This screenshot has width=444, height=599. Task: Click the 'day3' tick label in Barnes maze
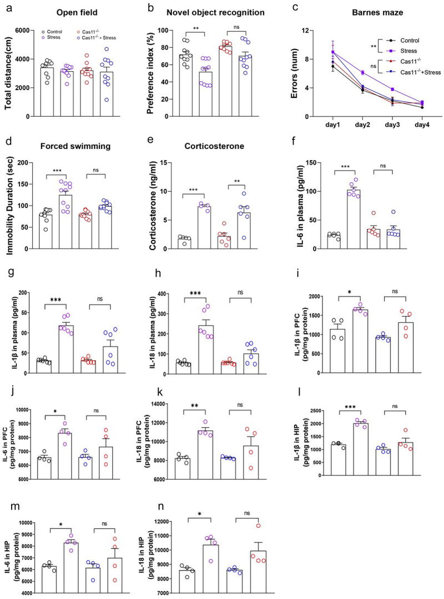(391, 126)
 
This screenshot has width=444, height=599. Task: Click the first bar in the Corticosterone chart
(184, 243)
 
